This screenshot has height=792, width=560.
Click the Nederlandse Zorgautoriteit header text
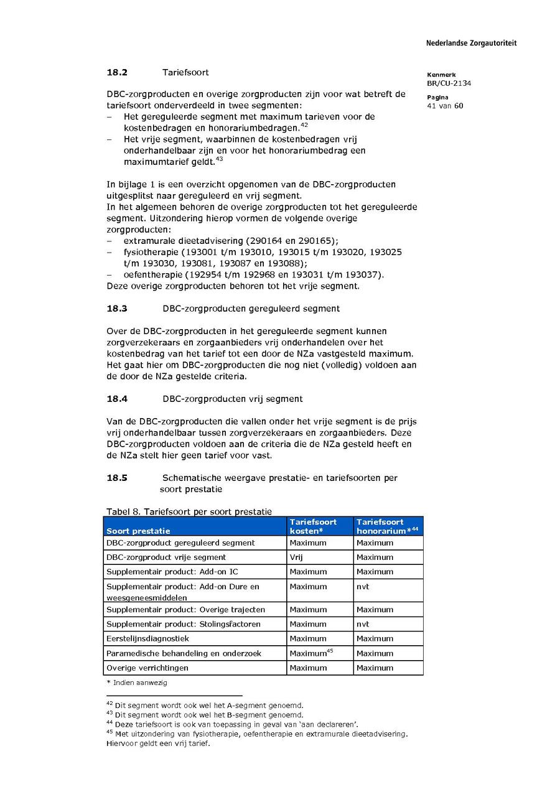pyautogui.click(x=471, y=44)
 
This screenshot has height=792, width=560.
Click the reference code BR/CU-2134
pyautogui.click(x=449, y=83)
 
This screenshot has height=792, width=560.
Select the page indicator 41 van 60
pyautogui.click(x=445, y=106)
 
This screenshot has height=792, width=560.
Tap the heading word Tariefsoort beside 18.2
pyautogui.click(x=185, y=73)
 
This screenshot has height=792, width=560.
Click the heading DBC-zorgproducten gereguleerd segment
pyautogui.click(x=251, y=309)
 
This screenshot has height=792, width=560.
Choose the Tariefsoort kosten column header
pyautogui.click(x=314, y=526)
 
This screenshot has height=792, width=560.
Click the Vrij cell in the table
pyautogui.click(x=296, y=557)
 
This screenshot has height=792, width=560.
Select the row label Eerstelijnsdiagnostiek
pyautogui.click(x=147, y=638)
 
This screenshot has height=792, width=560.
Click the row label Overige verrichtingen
pyautogui.click(x=147, y=668)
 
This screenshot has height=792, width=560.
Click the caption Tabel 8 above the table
pyautogui.click(x=189, y=511)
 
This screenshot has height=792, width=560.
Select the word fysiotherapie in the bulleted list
pyautogui.click(x=151, y=253)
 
